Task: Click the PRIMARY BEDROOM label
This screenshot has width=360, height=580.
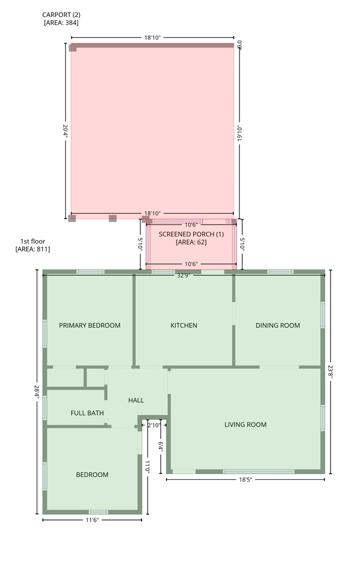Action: (x=90, y=326)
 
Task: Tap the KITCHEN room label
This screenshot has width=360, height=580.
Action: (x=184, y=326)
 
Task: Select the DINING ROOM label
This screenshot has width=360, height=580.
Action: (x=277, y=326)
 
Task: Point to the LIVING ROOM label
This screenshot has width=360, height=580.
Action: (x=246, y=425)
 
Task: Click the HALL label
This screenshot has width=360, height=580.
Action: (x=136, y=400)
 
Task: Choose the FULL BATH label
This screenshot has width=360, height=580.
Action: (x=87, y=413)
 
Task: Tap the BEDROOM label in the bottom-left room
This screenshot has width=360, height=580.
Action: (x=92, y=475)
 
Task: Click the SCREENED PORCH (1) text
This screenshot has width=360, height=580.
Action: (x=191, y=234)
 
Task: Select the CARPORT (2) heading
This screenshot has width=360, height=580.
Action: (x=61, y=15)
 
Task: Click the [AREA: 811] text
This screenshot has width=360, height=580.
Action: (x=32, y=249)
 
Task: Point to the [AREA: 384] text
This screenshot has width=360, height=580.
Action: (x=61, y=23)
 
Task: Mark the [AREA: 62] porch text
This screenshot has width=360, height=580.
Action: (x=191, y=242)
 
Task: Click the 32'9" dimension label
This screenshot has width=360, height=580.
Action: (x=184, y=276)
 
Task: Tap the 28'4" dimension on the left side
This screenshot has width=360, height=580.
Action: (x=37, y=392)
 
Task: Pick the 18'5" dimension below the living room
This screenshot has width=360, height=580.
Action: (x=246, y=480)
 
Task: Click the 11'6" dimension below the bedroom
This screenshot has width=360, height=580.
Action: (x=92, y=520)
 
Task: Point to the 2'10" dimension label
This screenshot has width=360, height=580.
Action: (x=154, y=425)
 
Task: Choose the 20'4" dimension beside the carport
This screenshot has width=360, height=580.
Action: (x=66, y=131)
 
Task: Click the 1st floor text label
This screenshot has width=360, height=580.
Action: (x=32, y=241)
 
